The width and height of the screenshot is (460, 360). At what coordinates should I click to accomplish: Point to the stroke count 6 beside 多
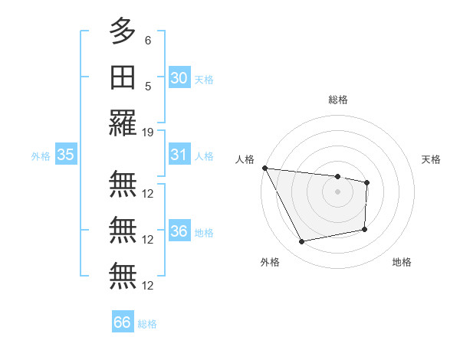tap(148, 41)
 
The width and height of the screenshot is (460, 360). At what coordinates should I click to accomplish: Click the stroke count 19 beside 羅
tap(148, 132)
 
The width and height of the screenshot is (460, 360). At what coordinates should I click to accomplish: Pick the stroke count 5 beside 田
tap(148, 87)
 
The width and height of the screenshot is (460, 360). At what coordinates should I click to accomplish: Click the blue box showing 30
tap(179, 78)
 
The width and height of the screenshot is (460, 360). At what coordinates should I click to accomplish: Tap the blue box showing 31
tap(179, 155)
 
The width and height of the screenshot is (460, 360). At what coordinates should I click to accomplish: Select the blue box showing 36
tap(179, 231)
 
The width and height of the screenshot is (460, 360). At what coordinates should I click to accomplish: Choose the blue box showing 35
tap(66, 155)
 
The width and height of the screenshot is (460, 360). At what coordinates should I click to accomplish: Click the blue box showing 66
tap(123, 322)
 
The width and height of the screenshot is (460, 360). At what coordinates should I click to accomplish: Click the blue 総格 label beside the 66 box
tap(147, 324)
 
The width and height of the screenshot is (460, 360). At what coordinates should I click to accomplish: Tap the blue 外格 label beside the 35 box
tap(41, 156)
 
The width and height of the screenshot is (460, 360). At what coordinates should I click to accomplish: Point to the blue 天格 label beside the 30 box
tap(204, 80)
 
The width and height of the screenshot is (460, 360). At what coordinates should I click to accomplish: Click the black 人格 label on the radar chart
tap(245, 159)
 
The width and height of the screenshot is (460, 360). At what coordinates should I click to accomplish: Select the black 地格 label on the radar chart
tap(402, 262)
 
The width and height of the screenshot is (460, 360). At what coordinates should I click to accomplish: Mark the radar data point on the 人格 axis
tap(264, 168)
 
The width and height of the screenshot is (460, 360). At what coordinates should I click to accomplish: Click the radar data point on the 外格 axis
tap(302, 242)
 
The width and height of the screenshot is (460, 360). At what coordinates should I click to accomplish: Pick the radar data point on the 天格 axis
tap(367, 182)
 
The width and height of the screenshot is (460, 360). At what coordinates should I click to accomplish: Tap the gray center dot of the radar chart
tap(337, 192)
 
